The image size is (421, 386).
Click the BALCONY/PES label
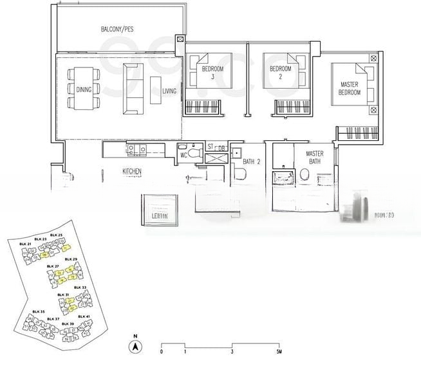(117, 30)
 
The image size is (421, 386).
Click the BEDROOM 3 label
(212, 72)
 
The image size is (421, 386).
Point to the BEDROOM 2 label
(281, 72)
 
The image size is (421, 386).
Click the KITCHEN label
(132, 172)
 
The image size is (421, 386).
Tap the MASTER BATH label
(314, 158)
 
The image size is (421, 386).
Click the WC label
(183, 155)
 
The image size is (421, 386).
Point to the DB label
(221, 149)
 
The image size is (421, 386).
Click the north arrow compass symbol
(135, 347)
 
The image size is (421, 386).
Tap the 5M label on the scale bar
(278, 353)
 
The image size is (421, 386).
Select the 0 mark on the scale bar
(161, 353)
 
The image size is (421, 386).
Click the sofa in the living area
(133, 89)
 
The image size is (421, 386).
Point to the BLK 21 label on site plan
(25, 244)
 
